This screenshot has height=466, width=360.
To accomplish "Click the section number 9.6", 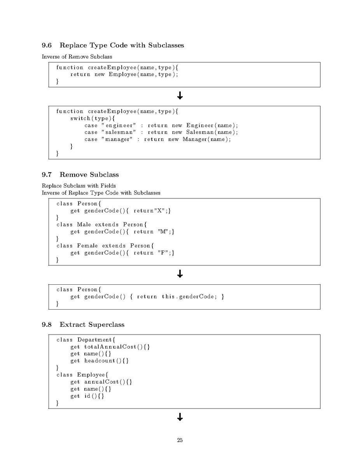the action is point(47,45).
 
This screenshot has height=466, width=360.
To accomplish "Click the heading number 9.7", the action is point(47,174).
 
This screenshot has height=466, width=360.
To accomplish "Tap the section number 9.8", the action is point(47,324).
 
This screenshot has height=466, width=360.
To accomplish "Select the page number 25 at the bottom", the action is point(180,440).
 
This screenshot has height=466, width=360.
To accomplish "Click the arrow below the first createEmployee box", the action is point(180,96).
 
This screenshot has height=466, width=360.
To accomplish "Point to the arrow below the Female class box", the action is point(180,274).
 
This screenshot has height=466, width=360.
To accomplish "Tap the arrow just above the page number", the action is point(180,417).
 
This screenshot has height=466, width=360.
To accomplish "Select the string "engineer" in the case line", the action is point(119,125).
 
